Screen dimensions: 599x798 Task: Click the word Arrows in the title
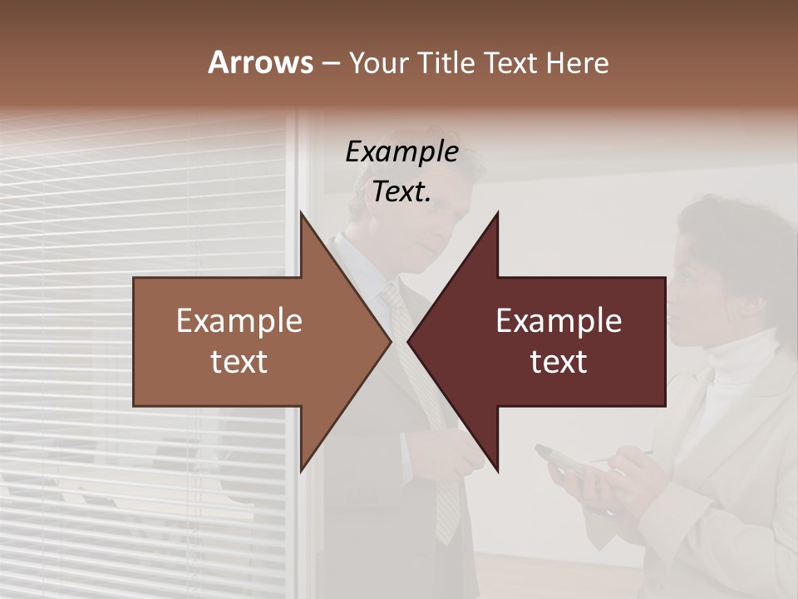(260, 62)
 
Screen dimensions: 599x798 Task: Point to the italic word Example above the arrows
(401, 151)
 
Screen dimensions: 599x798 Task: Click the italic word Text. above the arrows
(401, 191)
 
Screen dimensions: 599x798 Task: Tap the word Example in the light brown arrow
(239, 321)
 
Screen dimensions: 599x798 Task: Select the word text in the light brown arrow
(239, 361)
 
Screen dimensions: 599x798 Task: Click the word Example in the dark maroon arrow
(559, 321)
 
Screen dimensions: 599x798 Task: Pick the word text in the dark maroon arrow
(559, 361)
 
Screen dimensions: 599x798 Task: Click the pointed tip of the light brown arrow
(389, 342)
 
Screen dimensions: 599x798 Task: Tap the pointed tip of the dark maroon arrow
(409, 342)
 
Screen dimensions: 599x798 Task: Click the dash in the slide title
(330, 63)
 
